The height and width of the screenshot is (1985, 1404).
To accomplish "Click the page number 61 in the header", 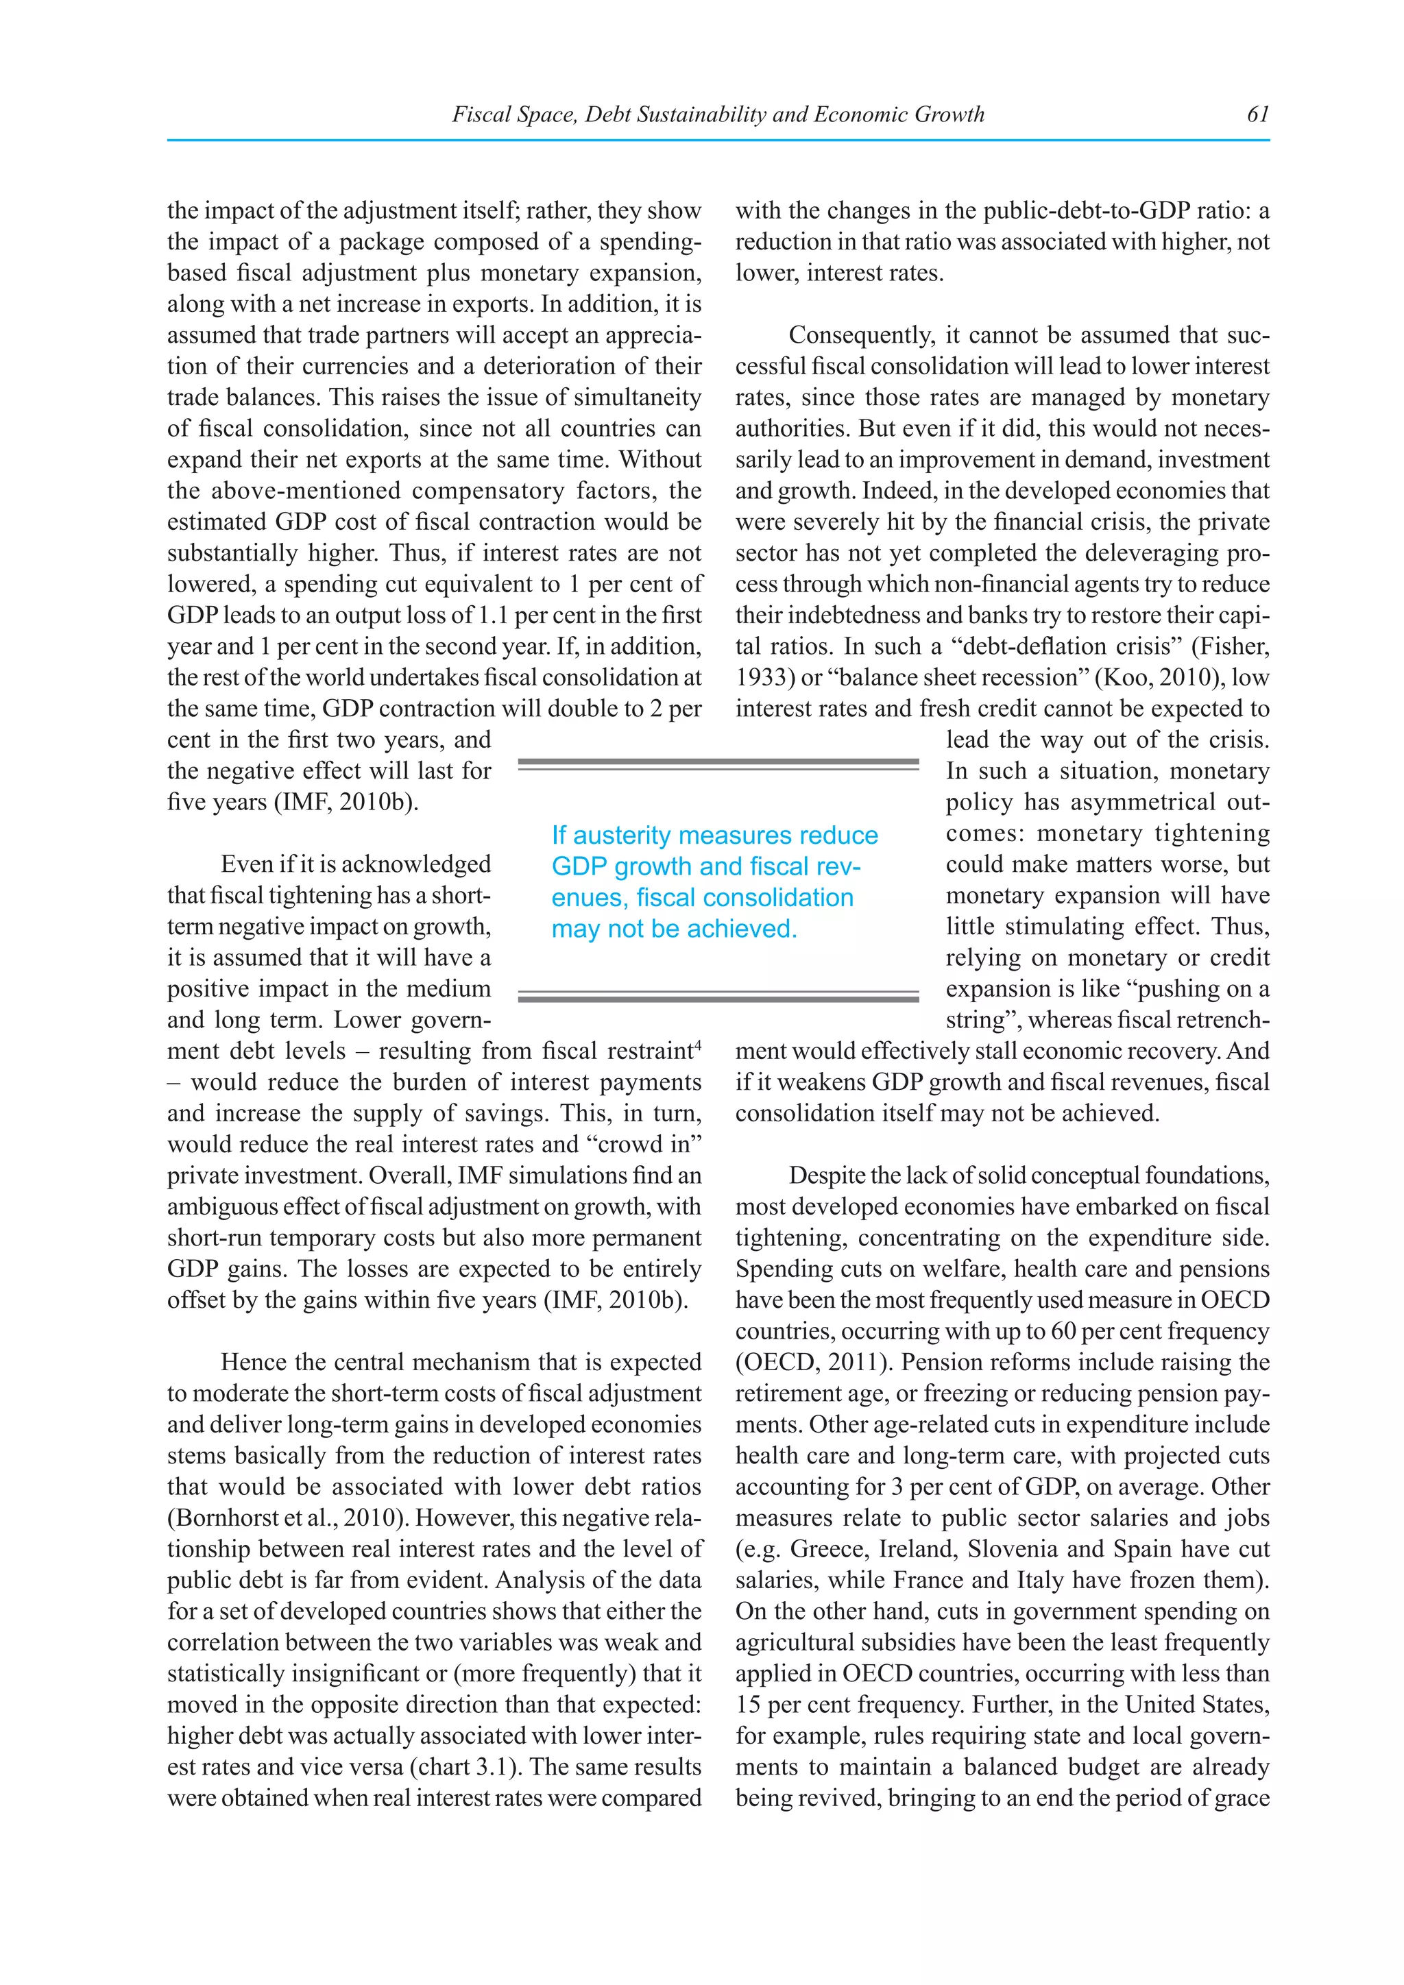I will click(x=1257, y=114).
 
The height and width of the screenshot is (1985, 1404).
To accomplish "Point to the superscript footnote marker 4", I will click(x=698, y=1045).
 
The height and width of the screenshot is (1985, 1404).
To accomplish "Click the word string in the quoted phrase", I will click(x=979, y=1020).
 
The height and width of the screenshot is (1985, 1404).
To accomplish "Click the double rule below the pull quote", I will click(x=718, y=996).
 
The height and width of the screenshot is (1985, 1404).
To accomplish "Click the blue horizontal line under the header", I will click(x=718, y=140).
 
